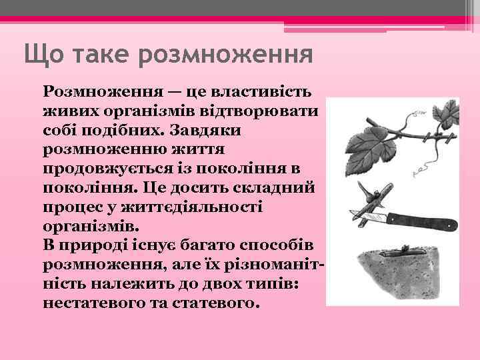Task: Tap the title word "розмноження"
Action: [226, 54]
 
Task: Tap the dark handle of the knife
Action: [420, 219]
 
